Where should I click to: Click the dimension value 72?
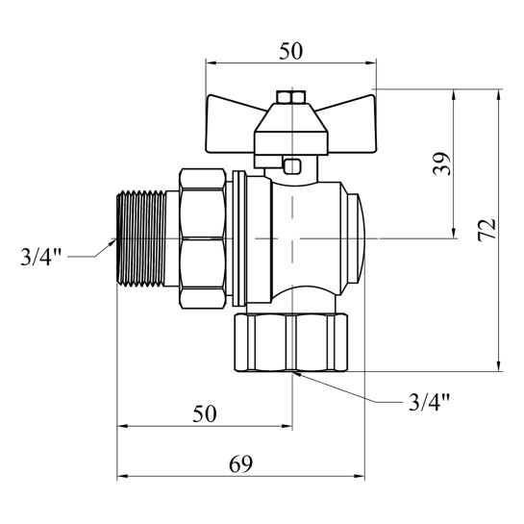487,230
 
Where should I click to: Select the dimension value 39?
441,163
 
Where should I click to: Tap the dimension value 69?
240,463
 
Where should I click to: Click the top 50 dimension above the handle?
290,51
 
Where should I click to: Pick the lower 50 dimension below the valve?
204,413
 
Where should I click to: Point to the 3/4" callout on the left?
41,257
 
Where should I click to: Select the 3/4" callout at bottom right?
429,402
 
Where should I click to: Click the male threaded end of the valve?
141,238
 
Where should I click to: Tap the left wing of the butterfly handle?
231,123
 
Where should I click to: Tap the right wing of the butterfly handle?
351,124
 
